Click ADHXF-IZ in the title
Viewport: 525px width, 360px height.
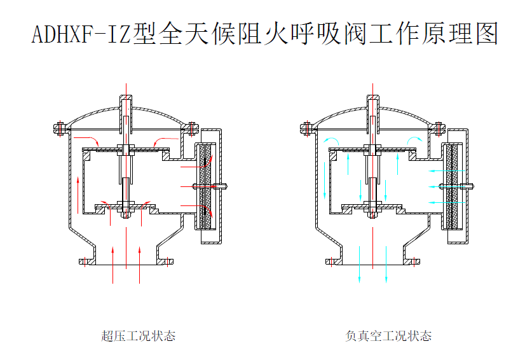pos(81,34)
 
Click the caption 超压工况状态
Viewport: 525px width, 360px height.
pos(138,336)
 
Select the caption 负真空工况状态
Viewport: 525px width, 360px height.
pos(388,336)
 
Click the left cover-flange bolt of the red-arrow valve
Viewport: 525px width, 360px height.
pos(58,128)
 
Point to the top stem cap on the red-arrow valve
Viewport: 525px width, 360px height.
pos(126,102)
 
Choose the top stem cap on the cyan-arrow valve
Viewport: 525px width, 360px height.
pos(373,102)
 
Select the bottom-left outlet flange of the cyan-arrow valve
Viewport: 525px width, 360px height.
pos(333,261)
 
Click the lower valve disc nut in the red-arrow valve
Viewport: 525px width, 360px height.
pos(126,207)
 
